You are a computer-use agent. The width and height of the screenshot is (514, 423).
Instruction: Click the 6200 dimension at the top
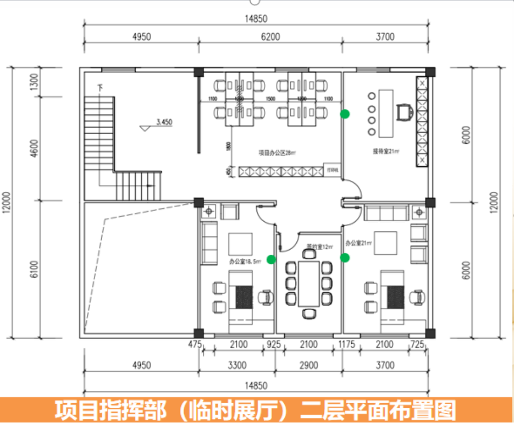(x=270, y=37)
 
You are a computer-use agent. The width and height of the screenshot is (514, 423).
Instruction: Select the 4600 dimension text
(x=34, y=148)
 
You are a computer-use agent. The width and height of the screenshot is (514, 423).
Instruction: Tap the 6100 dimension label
(x=34, y=268)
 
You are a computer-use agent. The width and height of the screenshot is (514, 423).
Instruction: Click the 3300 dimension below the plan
(x=236, y=365)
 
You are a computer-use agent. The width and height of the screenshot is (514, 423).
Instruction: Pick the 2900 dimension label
(x=309, y=365)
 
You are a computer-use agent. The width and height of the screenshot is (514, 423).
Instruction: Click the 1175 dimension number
(x=348, y=345)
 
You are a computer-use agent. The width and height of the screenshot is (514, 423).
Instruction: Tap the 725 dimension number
(x=417, y=345)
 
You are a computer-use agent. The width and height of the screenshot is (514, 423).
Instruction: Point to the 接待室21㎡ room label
(x=386, y=151)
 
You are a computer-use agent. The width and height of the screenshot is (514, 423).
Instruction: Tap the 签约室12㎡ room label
(x=319, y=247)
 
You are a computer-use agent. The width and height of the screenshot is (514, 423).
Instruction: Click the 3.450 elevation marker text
(x=164, y=122)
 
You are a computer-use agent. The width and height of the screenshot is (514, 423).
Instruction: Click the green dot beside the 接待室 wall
(x=345, y=114)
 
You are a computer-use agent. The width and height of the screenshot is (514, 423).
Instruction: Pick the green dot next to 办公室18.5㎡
(x=271, y=259)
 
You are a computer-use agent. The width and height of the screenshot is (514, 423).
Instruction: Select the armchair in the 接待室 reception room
(x=404, y=111)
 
